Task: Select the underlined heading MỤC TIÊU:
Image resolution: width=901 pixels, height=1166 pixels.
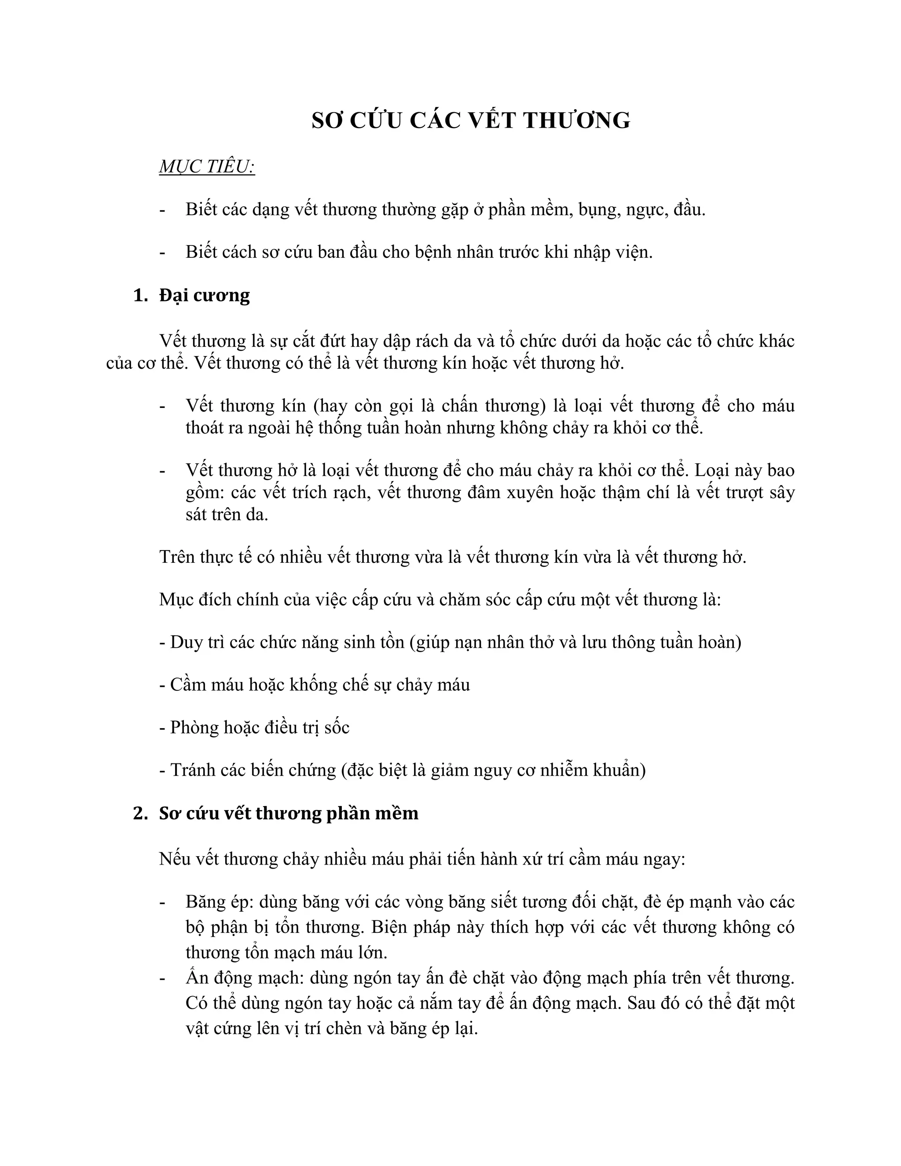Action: [207, 167]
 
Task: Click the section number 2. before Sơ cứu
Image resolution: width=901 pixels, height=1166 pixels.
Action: [140, 813]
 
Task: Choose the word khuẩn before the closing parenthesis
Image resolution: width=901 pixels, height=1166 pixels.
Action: [618, 770]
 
